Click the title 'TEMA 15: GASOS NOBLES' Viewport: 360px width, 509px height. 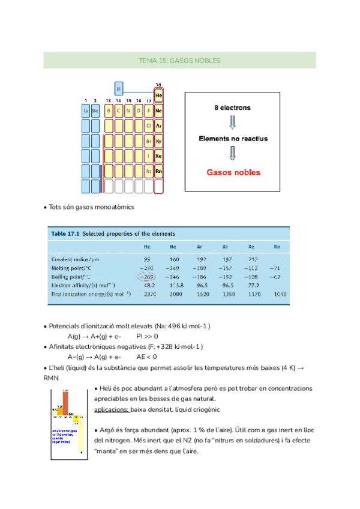(x=179, y=61)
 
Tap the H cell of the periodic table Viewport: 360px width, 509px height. (x=119, y=89)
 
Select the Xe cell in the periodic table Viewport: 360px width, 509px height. (x=158, y=156)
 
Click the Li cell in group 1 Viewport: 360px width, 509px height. (x=86, y=111)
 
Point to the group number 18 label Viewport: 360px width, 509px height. (x=158, y=85)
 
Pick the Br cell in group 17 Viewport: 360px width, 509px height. (x=148, y=141)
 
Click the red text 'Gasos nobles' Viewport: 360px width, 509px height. (x=233, y=172)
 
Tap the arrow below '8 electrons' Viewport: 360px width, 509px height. (x=233, y=123)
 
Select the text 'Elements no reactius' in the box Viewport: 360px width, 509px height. (x=233, y=139)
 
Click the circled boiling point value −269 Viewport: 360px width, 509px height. (x=148, y=277)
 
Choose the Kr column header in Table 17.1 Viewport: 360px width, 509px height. (x=224, y=247)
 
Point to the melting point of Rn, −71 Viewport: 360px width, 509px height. (x=276, y=268)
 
